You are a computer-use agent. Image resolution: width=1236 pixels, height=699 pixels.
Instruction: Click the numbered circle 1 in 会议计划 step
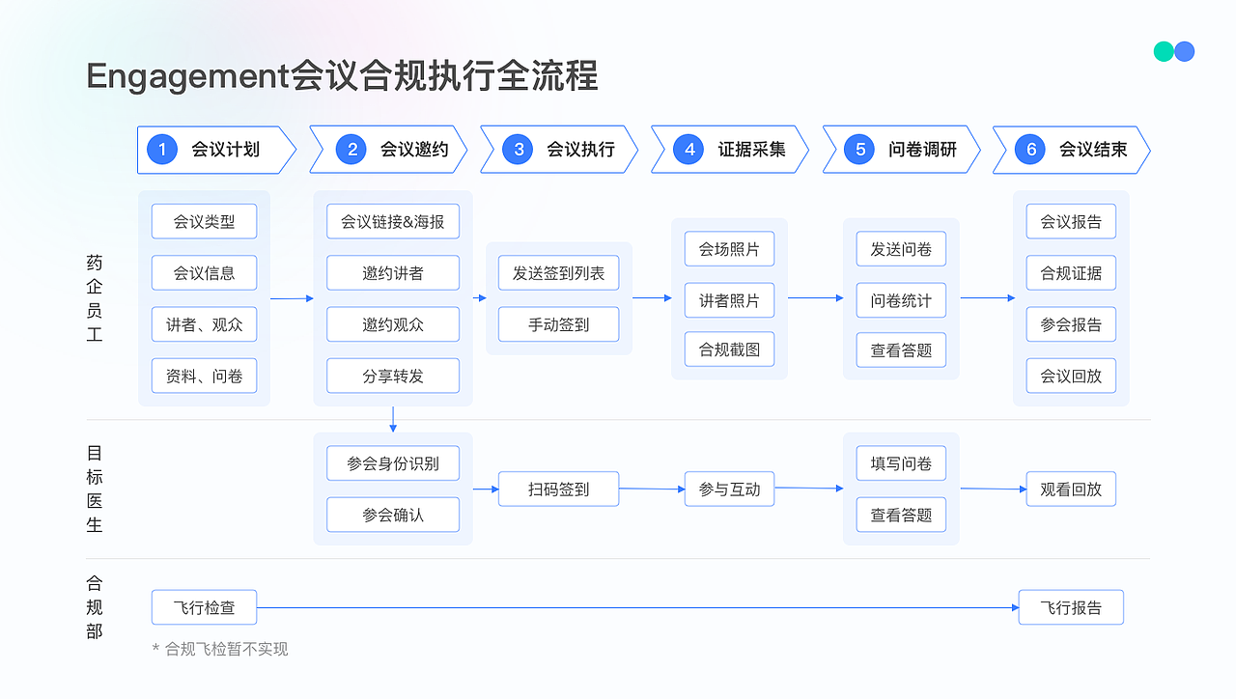coord(162,150)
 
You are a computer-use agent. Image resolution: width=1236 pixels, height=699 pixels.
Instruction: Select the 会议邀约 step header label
coord(414,150)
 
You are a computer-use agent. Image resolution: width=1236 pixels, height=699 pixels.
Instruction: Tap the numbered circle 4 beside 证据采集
coord(689,150)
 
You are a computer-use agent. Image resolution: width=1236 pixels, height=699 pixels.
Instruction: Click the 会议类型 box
coord(204,221)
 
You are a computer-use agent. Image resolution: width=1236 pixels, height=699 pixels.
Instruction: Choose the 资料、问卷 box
coord(204,376)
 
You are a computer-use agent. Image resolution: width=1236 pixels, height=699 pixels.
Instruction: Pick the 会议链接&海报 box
coord(393,221)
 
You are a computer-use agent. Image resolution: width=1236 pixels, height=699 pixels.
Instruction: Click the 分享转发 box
coord(393,376)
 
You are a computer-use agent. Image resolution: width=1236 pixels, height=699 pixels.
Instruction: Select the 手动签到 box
coord(558,324)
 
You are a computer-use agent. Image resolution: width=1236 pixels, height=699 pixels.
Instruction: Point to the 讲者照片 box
coord(729,300)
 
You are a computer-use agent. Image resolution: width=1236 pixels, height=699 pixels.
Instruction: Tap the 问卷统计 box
coord(901,300)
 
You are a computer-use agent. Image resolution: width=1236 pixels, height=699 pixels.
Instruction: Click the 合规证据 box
coord(1071,273)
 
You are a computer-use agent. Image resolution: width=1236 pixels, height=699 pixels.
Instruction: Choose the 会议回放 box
coord(1071,376)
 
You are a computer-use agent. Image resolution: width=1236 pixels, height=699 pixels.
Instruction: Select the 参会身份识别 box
coord(393,463)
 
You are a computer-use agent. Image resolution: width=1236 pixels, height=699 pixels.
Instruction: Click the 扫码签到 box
coord(558,489)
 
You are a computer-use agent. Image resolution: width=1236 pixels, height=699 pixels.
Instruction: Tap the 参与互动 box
coord(729,489)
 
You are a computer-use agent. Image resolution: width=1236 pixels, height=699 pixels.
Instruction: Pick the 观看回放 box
coord(1071,489)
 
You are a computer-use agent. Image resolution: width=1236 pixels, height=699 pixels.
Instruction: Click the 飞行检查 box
coord(204,608)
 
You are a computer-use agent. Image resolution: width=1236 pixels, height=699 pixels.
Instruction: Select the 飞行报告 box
coord(1071,608)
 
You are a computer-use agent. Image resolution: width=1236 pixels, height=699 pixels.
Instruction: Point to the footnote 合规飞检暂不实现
coord(226,649)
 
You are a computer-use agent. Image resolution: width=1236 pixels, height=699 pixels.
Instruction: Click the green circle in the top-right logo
coord(1164,51)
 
